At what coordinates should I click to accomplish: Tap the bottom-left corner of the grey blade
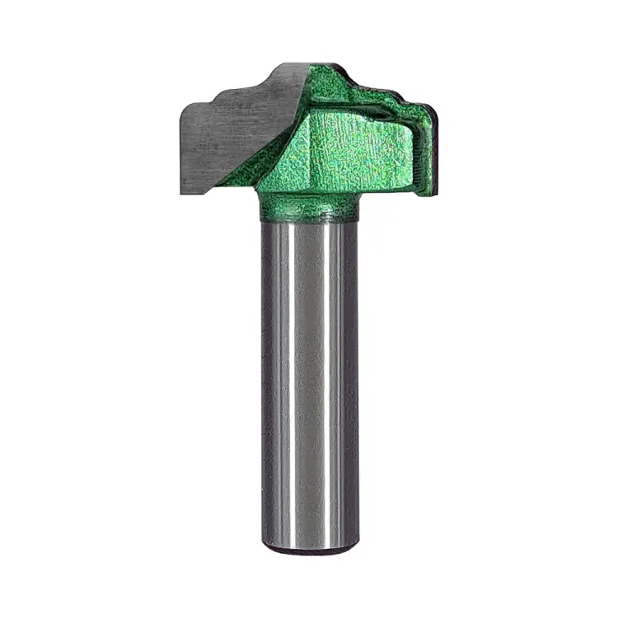pos(182,193)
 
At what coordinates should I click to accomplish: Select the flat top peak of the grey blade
pos(288,66)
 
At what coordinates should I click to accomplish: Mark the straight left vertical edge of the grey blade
pos(180,148)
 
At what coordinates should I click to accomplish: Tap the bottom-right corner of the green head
pos(427,194)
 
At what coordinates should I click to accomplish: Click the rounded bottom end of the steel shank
pos(309,547)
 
